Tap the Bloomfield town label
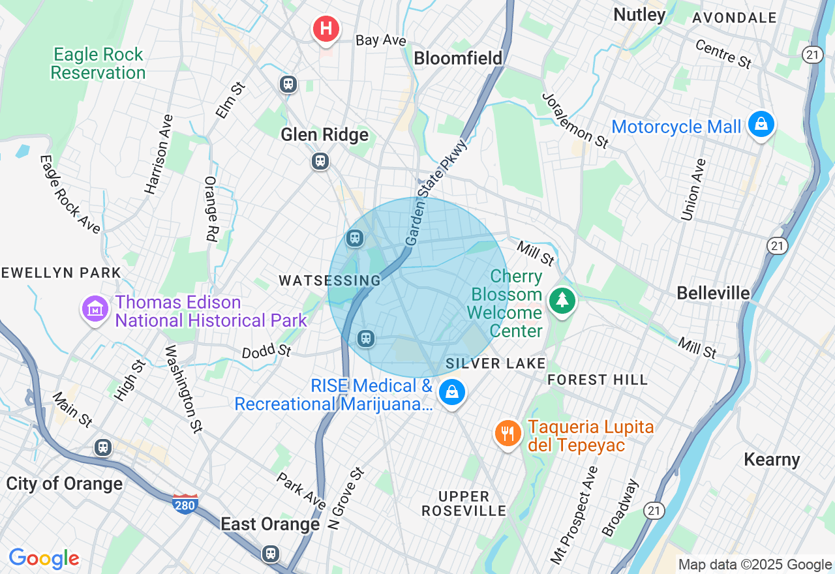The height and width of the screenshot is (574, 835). [459, 58]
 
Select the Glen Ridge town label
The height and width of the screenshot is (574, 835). [324, 135]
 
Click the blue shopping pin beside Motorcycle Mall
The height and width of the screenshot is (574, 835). [761, 124]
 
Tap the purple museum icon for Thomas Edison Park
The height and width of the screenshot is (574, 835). [95, 309]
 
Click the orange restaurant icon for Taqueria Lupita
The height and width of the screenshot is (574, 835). [508, 433]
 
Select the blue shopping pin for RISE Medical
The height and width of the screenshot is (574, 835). [451, 392]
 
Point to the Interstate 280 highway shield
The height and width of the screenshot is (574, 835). [185, 504]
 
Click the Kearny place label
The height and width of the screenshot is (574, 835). [772, 460]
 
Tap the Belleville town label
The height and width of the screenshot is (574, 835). [713, 294]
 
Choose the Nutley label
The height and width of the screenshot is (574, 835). [639, 14]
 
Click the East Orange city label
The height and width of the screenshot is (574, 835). [270, 524]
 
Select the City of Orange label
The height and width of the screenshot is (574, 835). [64, 484]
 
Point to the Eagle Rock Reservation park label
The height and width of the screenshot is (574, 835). [98, 63]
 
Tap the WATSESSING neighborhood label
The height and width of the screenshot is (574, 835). [329, 280]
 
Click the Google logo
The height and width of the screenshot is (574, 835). [44, 558]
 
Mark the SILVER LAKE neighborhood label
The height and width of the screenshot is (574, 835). [495, 363]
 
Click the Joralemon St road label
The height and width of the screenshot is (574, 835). [575, 120]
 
